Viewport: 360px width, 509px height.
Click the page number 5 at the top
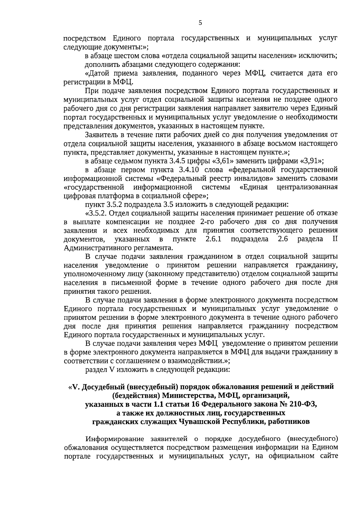[x=200, y=23]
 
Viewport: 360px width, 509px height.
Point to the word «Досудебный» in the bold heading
[x=103, y=387]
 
